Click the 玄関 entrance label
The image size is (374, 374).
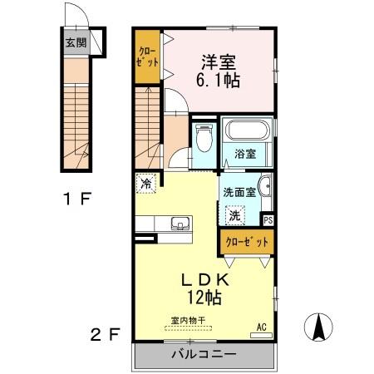tap(76, 43)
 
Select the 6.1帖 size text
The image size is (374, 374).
tap(219, 82)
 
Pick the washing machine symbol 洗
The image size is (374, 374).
tap(234, 214)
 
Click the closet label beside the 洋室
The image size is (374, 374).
tap(147, 57)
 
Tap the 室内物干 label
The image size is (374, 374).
tap(189, 319)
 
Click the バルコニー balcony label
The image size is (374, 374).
tap(204, 354)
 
